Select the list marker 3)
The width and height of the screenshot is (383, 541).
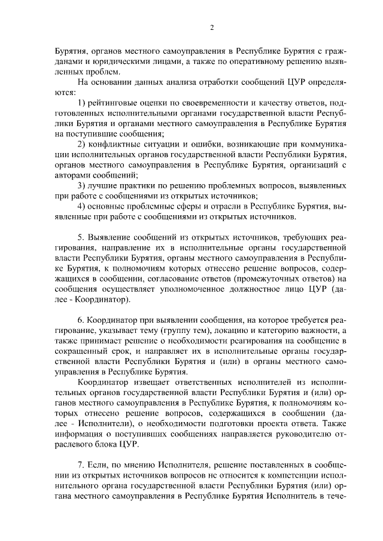click(x=84, y=186)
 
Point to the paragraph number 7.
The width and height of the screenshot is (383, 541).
click(x=82, y=466)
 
